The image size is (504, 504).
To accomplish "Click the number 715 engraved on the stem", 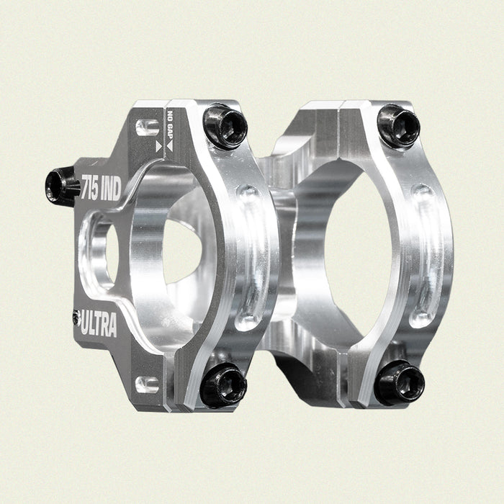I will [91, 184].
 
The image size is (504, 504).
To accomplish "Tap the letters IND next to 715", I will [112, 184].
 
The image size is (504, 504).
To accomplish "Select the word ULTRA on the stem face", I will [99, 325].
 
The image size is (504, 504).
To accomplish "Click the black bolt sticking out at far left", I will [61, 186].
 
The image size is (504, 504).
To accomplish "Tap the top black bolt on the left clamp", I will [224, 126].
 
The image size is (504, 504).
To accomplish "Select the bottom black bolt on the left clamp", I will [222, 384].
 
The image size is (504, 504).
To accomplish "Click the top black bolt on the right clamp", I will [398, 126].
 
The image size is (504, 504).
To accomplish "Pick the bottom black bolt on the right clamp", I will [398, 382].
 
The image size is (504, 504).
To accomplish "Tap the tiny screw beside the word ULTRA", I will [76, 315].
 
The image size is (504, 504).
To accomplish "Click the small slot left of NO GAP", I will [147, 127].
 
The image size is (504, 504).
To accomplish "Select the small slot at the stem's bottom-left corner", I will [147, 384].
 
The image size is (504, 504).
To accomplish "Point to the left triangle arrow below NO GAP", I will [159, 146].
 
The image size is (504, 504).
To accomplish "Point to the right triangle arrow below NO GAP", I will [170, 146].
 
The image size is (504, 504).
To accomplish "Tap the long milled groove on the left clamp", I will [249, 256].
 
